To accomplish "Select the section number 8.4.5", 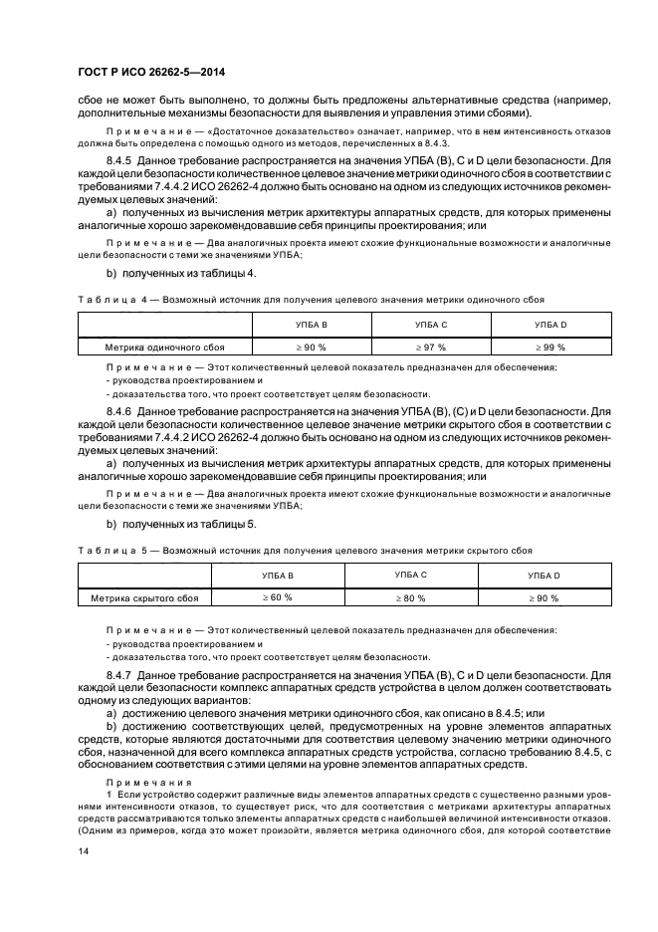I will click(119, 159).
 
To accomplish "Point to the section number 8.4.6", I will click(119, 410).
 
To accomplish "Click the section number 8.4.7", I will click(119, 675).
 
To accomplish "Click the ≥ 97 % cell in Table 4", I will click(430, 348).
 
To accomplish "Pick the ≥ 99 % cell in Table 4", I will click(549, 348).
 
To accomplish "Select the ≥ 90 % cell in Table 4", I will click(311, 348).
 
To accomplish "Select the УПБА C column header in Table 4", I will click(430, 325).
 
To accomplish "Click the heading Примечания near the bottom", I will click(135, 783).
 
